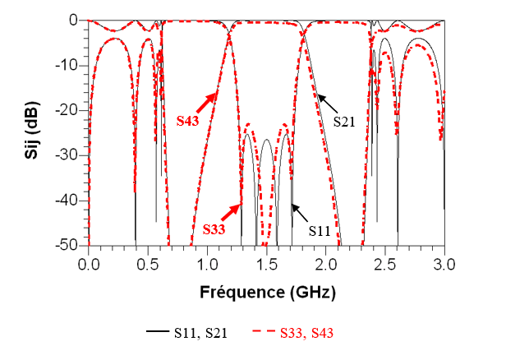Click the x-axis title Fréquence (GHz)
pos(266,292)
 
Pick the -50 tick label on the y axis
pos(70,246)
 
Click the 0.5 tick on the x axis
pos(148,265)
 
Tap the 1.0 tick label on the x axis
pos(207,265)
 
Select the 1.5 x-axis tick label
pos(266,265)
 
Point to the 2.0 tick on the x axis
pos(325,265)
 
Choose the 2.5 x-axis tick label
pos(384,265)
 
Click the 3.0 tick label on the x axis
pos(444,265)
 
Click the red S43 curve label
pos(188,118)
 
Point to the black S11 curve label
pos(320,231)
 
